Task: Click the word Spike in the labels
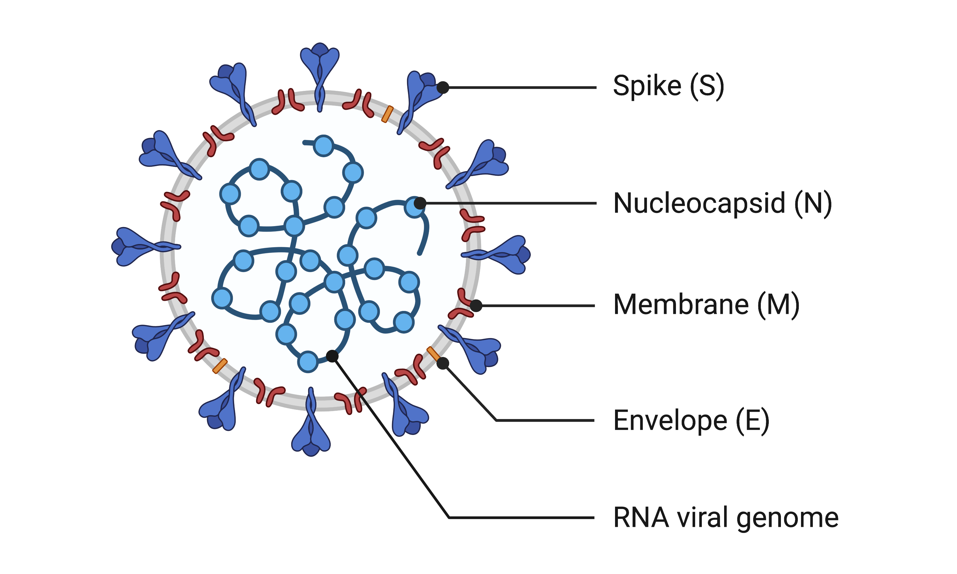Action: click(x=647, y=86)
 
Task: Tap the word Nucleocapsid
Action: click(x=699, y=203)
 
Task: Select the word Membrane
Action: click(x=681, y=305)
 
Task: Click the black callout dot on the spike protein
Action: click(x=443, y=88)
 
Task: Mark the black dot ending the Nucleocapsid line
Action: click(x=420, y=203)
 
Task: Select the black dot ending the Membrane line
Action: click(x=476, y=305)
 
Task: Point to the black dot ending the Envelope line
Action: click(x=442, y=363)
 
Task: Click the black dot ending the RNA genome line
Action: click(x=332, y=356)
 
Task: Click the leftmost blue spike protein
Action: click(x=139, y=247)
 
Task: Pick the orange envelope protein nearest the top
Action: click(x=387, y=114)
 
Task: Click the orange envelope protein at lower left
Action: click(x=220, y=366)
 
